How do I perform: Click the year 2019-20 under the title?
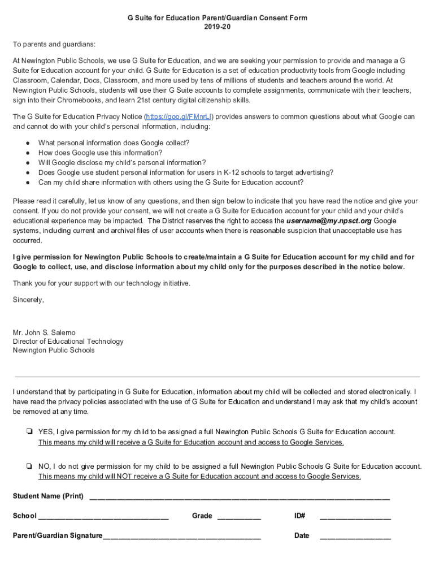click(x=217, y=27)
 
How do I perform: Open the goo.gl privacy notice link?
click(x=179, y=116)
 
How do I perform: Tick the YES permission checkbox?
click(x=28, y=432)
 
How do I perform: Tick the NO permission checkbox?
click(x=28, y=466)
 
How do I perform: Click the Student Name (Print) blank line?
click(x=240, y=497)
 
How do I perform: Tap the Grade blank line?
click(x=238, y=516)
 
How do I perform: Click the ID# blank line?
click(x=355, y=516)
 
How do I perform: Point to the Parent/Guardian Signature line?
click(x=181, y=536)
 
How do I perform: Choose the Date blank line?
click(x=355, y=536)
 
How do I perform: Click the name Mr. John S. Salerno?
click(x=44, y=332)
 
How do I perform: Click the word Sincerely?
click(x=28, y=300)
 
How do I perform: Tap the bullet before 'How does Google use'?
click(x=27, y=153)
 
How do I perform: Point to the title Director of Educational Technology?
click(x=68, y=342)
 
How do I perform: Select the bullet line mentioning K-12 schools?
click(x=185, y=172)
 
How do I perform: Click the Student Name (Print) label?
click(x=48, y=496)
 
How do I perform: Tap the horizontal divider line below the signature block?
click(x=217, y=377)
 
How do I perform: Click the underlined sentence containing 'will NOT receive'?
click(x=199, y=477)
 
